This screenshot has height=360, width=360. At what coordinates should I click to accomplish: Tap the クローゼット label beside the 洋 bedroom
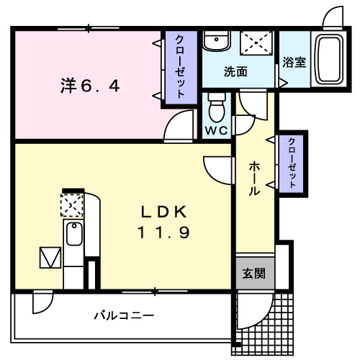179,66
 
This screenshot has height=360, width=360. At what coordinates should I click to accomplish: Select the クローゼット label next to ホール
292,162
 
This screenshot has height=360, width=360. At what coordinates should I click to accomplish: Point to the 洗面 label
235,72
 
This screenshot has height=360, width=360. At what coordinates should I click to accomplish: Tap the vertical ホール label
254,179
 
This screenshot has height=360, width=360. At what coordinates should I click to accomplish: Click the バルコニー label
123,315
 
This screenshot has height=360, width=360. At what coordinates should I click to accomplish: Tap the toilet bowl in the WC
216,109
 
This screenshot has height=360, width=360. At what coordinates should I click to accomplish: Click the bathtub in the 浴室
330,60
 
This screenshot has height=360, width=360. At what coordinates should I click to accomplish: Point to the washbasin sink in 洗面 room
214,42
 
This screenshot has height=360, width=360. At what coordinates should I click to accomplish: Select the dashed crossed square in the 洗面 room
256,42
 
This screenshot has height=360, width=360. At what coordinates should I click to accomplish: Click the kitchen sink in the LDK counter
73,235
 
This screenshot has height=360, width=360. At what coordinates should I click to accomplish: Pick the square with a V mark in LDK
50,257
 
